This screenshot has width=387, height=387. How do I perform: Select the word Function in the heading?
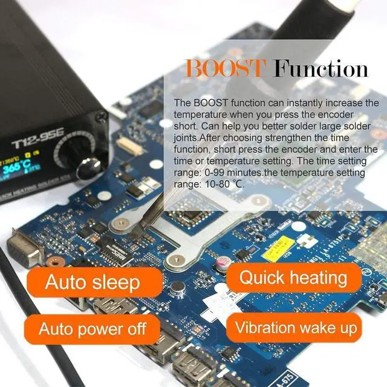321,68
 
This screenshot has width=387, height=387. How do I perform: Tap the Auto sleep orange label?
93,282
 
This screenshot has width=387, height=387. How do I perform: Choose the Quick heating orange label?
293,278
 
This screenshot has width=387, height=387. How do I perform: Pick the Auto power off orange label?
93,329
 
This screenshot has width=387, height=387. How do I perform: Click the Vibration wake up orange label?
296,328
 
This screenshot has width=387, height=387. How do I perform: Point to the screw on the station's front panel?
100,116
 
